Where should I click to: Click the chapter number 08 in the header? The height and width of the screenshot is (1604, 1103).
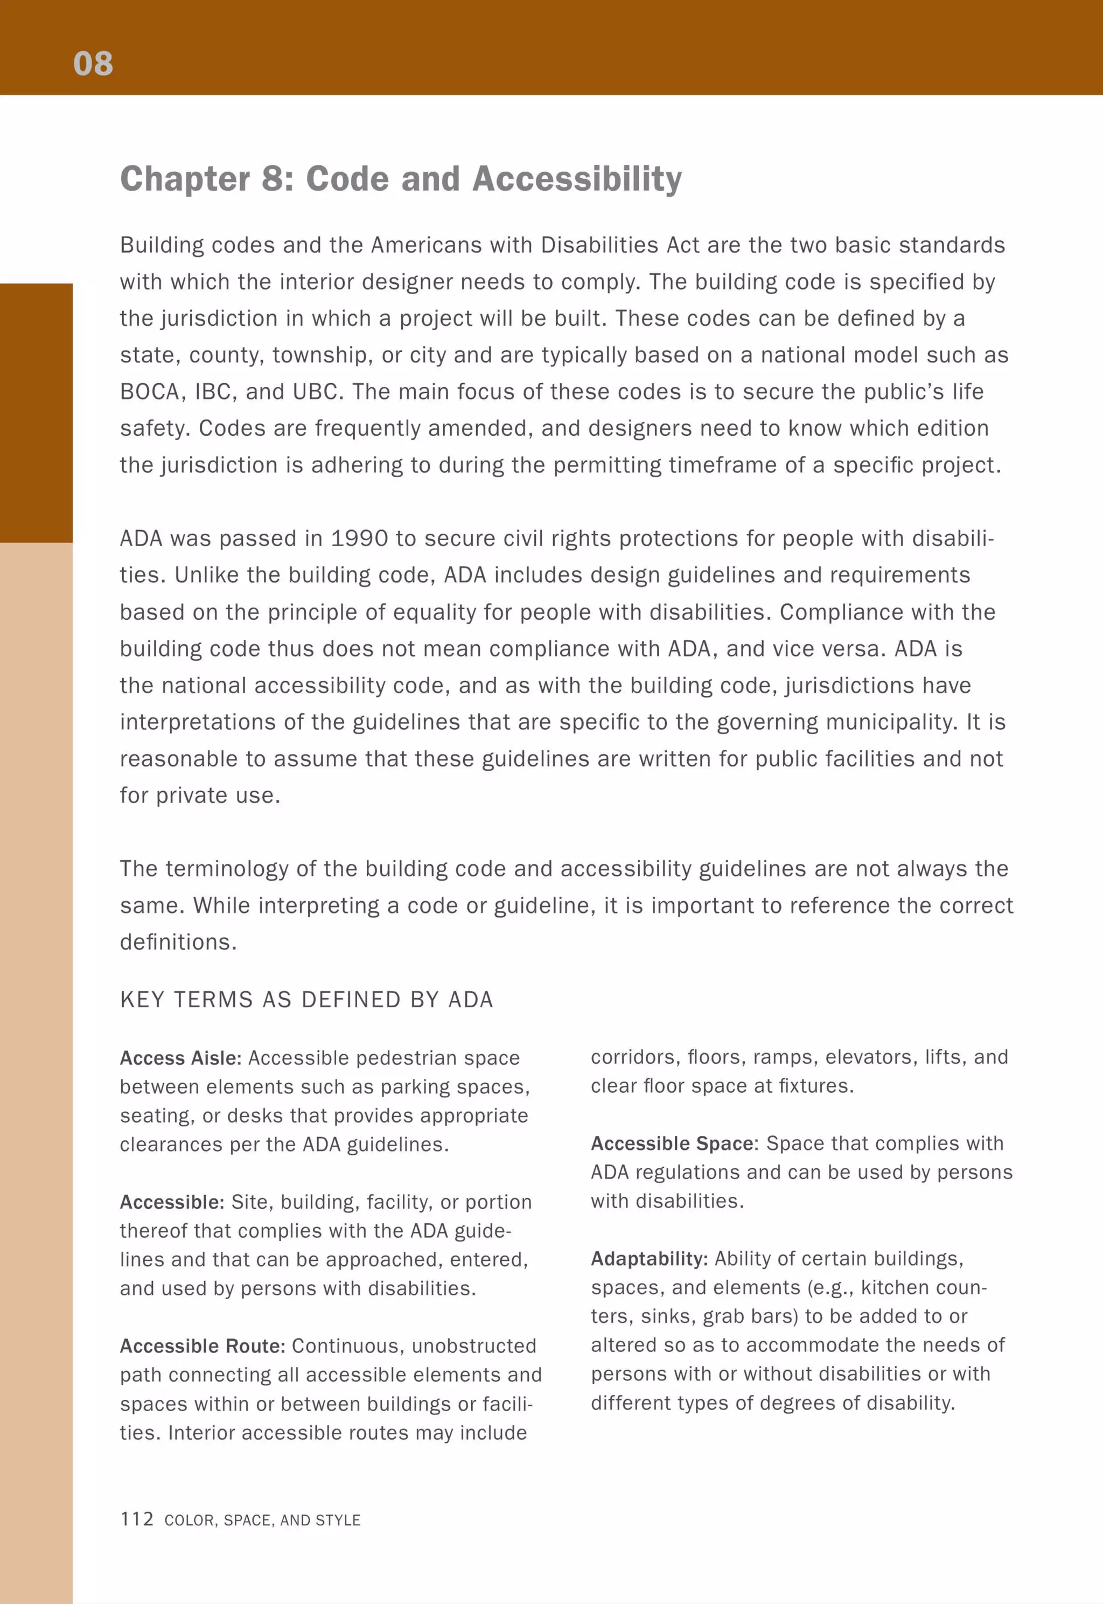[93, 64]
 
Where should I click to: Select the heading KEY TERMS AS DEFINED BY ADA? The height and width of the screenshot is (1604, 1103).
[306, 1000]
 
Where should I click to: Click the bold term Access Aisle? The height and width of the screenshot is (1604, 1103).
[180, 1058]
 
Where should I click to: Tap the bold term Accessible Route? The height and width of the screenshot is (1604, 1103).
[203, 1345]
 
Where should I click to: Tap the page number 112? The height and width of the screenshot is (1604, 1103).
[137, 1518]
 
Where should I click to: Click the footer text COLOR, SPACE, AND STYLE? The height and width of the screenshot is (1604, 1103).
[263, 1521]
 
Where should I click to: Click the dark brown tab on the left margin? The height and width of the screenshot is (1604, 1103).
[36, 413]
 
